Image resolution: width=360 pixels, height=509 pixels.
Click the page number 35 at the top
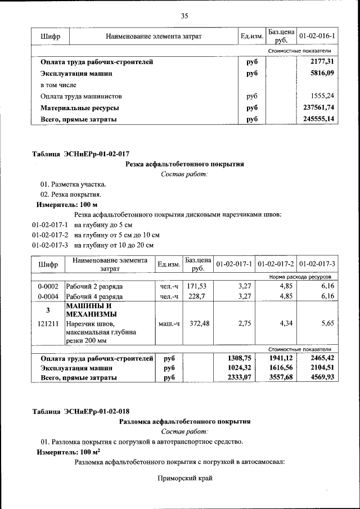click(x=184, y=15)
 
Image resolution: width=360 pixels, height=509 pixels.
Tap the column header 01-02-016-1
click(x=317, y=37)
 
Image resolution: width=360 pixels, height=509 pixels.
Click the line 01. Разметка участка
click(x=73, y=184)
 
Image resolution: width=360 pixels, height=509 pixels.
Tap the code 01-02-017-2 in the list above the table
click(x=50, y=235)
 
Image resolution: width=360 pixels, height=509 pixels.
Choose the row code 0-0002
click(x=48, y=286)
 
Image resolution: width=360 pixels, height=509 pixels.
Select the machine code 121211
click(x=48, y=323)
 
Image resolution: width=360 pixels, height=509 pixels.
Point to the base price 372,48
click(x=197, y=323)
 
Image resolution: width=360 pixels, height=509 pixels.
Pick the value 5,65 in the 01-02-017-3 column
click(x=326, y=323)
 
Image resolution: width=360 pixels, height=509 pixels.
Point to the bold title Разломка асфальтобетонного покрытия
click(x=184, y=421)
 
